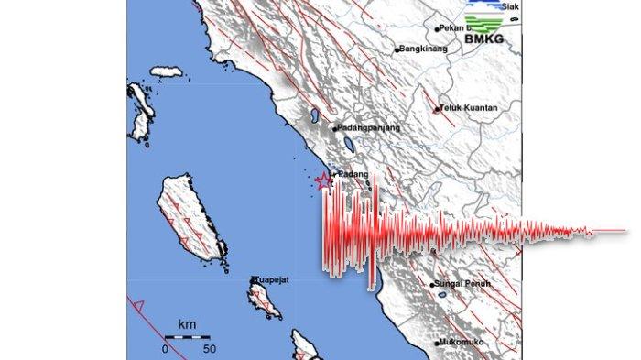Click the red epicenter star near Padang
click(323, 181)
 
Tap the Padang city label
click(353, 174)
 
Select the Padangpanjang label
click(369, 128)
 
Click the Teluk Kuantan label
click(470, 108)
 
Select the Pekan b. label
click(454, 28)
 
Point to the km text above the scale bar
click(187, 324)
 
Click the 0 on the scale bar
click(166, 349)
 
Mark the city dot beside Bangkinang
click(397, 49)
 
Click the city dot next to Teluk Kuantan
click(436, 109)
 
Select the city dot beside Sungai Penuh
click(432, 286)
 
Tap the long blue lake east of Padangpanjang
click(349, 143)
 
